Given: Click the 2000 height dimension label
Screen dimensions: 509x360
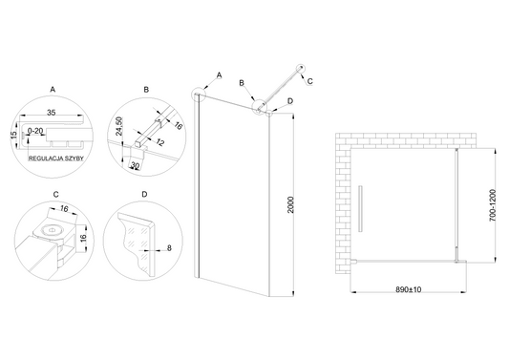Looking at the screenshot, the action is point(290,205).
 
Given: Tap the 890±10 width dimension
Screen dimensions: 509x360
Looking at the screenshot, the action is point(408,289).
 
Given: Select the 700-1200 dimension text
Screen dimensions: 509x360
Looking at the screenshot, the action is point(493,205).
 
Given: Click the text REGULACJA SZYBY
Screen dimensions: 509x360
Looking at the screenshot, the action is point(56,159).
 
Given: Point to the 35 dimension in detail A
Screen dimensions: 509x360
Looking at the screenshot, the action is point(52,113).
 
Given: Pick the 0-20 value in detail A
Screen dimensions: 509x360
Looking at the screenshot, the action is point(35,131).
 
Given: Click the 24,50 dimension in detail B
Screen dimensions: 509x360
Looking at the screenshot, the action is point(119,126).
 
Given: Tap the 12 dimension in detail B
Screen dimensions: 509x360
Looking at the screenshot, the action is point(159,142).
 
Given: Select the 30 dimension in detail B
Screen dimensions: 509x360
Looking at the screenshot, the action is point(135,166).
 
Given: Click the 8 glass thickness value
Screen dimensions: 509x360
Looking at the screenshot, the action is point(169,248).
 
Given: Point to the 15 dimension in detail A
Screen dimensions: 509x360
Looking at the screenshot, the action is point(13,134).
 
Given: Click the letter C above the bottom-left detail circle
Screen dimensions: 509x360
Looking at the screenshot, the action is point(55,195).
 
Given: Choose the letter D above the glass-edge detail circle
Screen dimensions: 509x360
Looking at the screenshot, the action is point(145,194).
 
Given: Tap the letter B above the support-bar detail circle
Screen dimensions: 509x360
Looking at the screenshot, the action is point(146,90).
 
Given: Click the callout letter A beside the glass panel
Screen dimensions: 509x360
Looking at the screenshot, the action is point(219,75).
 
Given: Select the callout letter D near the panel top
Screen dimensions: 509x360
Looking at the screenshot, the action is point(290,101).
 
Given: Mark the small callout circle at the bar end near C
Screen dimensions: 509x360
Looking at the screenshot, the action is point(302,68).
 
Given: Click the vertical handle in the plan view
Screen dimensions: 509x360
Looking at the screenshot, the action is point(360,209).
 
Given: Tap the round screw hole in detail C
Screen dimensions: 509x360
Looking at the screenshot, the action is point(52,230).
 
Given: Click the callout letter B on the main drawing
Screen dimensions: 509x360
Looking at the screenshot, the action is point(242,83).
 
